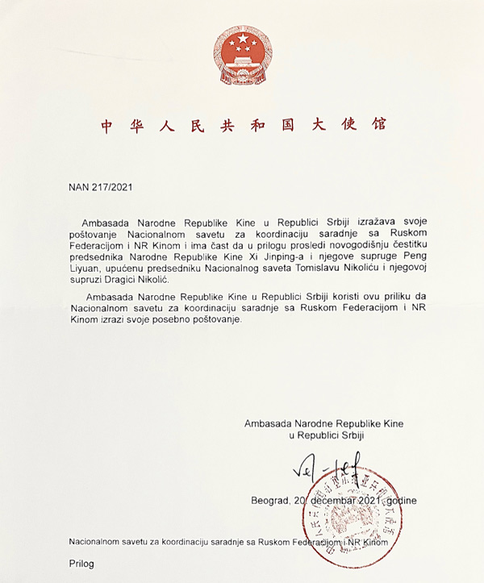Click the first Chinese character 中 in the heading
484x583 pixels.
click(x=106, y=126)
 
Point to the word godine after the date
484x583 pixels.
click(x=401, y=500)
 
